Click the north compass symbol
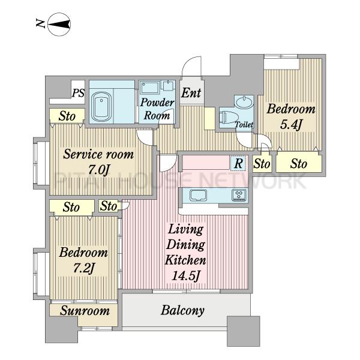point(59,25)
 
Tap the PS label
point(78,93)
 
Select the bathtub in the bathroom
point(101,107)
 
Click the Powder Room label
point(157,109)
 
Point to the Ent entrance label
point(191,93)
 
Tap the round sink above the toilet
point(244,103)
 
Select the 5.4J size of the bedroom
point(290,125)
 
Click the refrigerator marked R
point(239,163)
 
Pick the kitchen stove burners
point(239,195)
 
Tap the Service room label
point(98,154)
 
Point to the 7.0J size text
point(98,170)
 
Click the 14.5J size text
point(185,276)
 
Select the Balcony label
point(182,310)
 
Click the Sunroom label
point(85,311)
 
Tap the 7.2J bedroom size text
point(83,268)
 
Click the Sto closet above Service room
point(67,116)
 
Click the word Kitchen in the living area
point(185,260)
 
